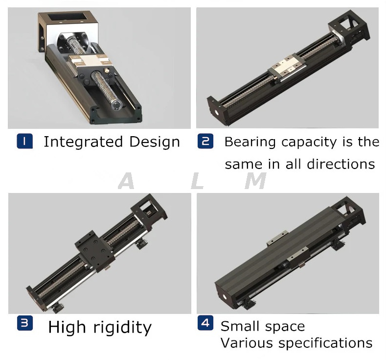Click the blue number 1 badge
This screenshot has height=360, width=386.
point(24,142)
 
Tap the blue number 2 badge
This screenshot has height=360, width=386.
point(205,142)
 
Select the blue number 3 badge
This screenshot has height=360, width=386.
point(24,324)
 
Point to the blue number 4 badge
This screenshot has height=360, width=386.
point(205,323)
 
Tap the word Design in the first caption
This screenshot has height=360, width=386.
point(155,142)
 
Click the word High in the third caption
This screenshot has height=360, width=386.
point(67,327)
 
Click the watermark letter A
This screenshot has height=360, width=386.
point(126,182)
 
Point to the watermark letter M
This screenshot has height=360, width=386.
point(255,182)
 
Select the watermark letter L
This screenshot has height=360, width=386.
point(197,182)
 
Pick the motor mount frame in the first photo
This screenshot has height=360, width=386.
point(66,24)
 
